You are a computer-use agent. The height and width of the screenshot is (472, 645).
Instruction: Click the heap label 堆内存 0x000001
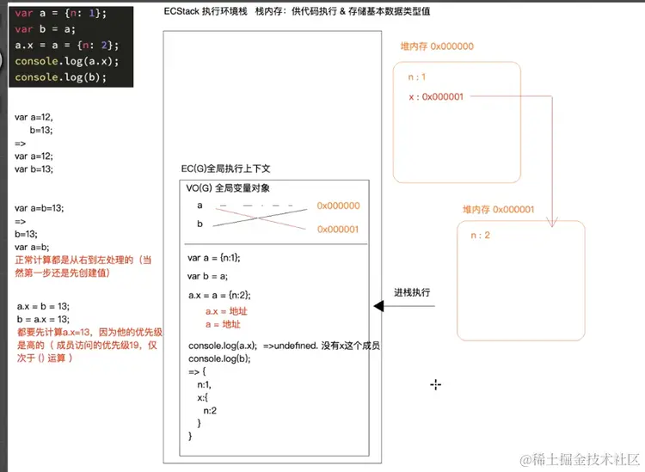[x=498, y=209]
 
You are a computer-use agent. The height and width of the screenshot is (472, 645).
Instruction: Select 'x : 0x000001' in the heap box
[x=436, y=97]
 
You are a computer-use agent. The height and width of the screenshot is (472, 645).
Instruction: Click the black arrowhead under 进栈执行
[x=378, y=307]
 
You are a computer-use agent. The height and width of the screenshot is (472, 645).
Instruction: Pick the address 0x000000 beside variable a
[x=338, y=206]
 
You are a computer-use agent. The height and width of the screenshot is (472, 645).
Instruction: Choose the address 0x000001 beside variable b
[x=338, y=229]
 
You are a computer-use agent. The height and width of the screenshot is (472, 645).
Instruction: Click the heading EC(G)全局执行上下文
[x=225, y=169]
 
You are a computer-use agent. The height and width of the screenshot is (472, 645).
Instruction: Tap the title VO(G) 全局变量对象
[x=228, y=187]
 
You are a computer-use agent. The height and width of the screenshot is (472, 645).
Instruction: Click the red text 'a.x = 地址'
[x=224, y=311]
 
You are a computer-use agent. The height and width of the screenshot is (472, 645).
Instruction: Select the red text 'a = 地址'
[x=223, y=325]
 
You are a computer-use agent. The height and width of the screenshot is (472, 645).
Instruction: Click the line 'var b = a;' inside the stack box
[x=207, y=276]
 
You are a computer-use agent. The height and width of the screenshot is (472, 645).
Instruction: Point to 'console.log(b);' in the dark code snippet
[x=60, y=77]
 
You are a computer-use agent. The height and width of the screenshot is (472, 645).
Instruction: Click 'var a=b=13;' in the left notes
[x=39, y=207]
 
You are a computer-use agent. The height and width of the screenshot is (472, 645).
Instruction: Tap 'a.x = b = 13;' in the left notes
[x=43, y=306]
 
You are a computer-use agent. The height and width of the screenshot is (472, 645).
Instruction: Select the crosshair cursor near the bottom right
[x=436, y=384]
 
